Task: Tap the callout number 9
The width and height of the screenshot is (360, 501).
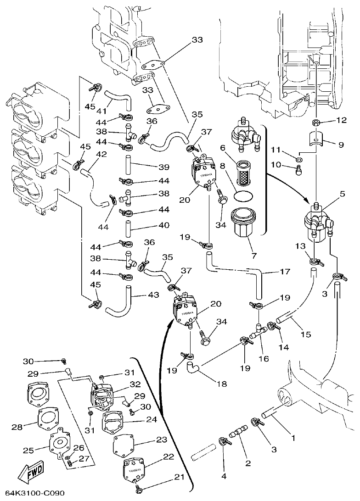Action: coord(341,145)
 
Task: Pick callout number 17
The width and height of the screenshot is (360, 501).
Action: coord(285,272)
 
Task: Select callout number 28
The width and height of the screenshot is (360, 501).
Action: coord(17,427)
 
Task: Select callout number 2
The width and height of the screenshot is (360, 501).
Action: coord(248,463)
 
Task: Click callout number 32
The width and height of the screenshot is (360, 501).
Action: coord(135,384)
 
